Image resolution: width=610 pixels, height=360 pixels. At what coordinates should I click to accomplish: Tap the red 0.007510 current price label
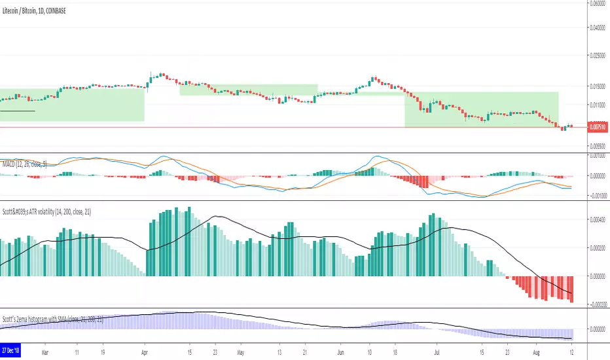[596, 127]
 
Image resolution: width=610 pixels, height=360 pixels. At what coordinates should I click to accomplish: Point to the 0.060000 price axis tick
[596, 3]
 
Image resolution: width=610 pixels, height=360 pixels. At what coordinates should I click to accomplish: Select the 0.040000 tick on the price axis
[596, 27]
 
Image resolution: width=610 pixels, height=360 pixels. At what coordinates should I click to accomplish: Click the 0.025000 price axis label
[596, 56]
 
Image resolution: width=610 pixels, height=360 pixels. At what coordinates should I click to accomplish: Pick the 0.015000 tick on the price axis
[596, 86]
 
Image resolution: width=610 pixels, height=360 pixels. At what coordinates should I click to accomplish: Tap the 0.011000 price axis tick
[596, 105]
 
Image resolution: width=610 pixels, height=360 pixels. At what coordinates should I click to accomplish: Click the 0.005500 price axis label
[596, 146]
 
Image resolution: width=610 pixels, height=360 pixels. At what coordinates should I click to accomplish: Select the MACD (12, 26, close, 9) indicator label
[24, 163]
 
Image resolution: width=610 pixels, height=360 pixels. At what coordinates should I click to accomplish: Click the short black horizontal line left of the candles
[17, 111]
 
